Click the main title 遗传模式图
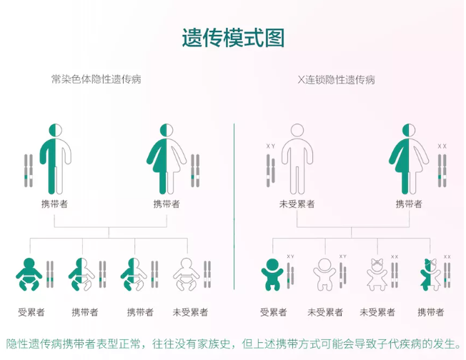[233, 38]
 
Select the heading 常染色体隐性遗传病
[96, 79]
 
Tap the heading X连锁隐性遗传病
[337, 79]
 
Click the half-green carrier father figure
[56, 159]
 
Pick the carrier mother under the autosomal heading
[167, 159]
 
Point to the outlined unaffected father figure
[297, 159]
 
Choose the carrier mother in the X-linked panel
[409, 159]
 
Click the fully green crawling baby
[29, 274]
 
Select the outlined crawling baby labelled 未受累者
[187, 274]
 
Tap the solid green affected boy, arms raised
[272, 274]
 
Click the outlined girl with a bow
[377, 274]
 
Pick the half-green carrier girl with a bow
[430, 274]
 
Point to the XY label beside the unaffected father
[271, 146]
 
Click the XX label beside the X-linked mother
[442, 146]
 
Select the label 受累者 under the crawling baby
[31, 312]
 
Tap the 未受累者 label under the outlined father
[297, 204]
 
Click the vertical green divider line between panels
[234, 206]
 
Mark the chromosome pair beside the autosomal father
[29, 171]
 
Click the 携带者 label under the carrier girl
[431, 312]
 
